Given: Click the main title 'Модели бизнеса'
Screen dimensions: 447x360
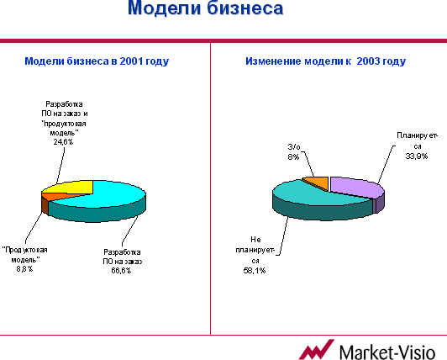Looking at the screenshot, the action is tap(205, 8).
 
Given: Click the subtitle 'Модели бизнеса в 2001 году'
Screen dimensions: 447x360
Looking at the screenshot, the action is tap(97, 61).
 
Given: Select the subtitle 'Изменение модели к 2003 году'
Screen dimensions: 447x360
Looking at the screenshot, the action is tap(325, 61).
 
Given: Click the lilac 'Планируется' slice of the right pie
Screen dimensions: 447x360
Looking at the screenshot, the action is tap(356, 187).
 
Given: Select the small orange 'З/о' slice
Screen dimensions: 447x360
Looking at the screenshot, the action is tap(318, 183).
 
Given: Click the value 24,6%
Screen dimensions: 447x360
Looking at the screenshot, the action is tap(63, 142).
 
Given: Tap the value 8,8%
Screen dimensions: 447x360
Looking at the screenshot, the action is tap(24, 269).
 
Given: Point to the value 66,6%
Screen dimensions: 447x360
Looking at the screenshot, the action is tap(121, 270).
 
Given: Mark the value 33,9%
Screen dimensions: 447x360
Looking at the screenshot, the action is tap(417, 156).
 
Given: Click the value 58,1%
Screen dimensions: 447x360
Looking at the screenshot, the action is tap(255, 270).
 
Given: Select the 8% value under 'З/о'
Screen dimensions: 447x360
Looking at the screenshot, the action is tap(293, 156).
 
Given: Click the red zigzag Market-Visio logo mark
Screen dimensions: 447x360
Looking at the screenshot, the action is tap(317, 350).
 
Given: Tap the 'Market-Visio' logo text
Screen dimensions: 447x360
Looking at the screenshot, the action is tap(387, 352).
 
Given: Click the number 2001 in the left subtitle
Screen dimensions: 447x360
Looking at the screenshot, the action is tap(131, 61).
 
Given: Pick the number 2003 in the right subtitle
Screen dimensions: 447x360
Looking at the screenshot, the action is tap(368, 61).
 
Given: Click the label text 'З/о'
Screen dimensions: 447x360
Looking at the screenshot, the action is tap(294, 146).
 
